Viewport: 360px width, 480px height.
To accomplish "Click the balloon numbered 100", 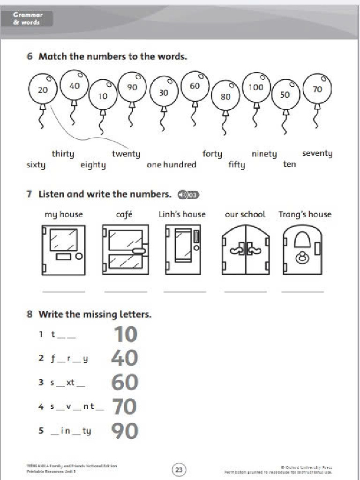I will pyautogui.click(x=256, y=87).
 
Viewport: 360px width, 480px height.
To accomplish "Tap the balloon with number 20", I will pyautogui.click(x=43, y=89).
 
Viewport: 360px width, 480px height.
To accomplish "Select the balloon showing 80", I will pyautogui.click(x=225, y=96).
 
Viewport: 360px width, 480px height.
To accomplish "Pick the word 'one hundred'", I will pyautogui.click(x=172, y=165).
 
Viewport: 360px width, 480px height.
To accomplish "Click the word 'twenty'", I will pyautogui.click(x=126, y=154).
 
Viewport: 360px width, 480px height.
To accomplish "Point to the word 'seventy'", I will pyautogui.click(x=317, y=153).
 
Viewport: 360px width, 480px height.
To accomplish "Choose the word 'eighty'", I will pyautogui.click(x=93, y=165).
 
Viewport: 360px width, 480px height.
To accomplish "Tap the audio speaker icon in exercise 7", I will pyautogui.click(x=188, y=195).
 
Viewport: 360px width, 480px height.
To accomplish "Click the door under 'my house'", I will pyautogui.click(x=64, y=250).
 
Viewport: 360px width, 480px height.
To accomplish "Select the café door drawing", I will pyautogui.click(x=125, y=250).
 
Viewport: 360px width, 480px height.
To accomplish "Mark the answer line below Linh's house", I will pyautogui.click(x=185, y=292).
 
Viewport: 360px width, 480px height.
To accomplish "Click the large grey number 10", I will pyautogui.click(x=125, y=335).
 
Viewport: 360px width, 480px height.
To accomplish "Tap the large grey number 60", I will pyautogui.click(x=125, y=383).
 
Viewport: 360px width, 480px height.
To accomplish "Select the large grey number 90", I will pyautogui.click(x=125, y=431).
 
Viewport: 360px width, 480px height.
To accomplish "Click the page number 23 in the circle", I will pyautogui.click(x=180, y=469).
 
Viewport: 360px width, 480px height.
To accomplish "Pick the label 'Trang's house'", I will pyautogui.click(x=305, y=214).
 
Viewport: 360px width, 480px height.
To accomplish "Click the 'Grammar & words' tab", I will pyautogui.click(x=28, y=19).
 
